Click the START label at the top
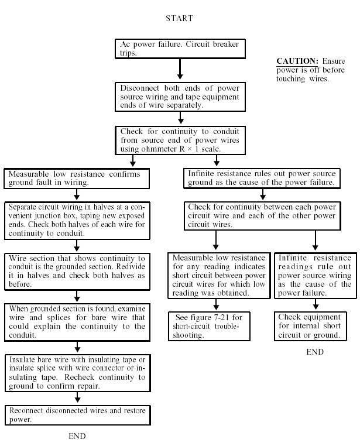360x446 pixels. click(179, 18)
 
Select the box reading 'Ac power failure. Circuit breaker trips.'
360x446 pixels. click(179, 49)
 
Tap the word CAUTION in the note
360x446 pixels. click(297, 61)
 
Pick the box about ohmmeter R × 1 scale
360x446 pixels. click(179, 140)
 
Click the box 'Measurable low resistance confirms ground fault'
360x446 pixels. click(76, 178)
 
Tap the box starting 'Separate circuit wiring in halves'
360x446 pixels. click(76, 221)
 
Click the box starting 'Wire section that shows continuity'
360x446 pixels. click(76, 272)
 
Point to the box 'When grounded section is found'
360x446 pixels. click(76, 321)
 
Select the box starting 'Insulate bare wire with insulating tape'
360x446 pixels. click(76, 372)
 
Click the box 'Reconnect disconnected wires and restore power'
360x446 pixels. click(76, 415)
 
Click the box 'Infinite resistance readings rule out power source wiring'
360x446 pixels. click(315, 275)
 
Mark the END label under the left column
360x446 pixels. click(77, 436)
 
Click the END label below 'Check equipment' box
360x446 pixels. click(315, 352)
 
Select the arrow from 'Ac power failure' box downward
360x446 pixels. click(180, 69)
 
